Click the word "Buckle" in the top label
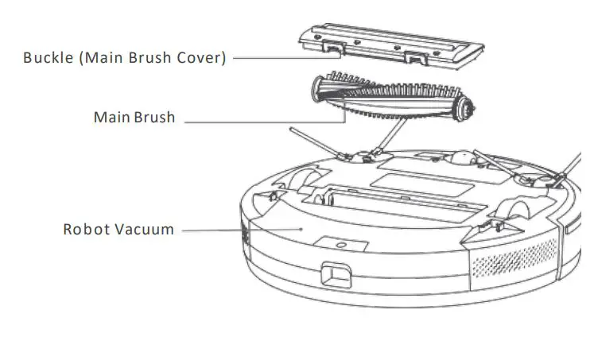[47, 57]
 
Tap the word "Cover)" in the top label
[203, 57]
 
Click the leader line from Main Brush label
[262, 122]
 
